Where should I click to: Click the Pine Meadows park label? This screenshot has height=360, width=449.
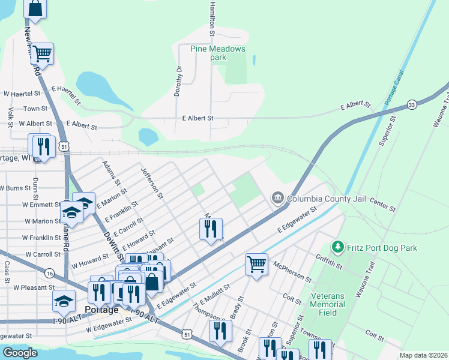tap(218, 53)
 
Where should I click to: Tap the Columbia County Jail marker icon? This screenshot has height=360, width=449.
tap(277, 198)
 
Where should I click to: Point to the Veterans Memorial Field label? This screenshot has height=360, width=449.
tap(328, 304)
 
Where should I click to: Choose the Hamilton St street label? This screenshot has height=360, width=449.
tap(211, 21)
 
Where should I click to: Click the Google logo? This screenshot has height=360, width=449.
tap(20, 353)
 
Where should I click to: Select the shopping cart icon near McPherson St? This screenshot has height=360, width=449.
tap(256, 263)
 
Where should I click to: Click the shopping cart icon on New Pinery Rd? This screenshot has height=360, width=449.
tap(42, 53)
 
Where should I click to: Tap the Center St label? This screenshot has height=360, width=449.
tap(383, 204)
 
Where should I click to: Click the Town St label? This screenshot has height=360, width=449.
tap(35, 109)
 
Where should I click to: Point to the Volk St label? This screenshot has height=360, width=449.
tap(11, 114)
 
